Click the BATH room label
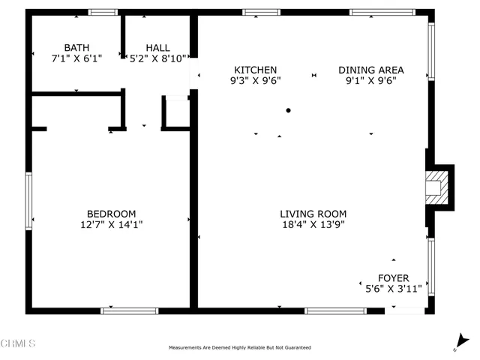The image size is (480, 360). (x=76, y=46)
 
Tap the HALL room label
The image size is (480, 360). (x=157, y=46)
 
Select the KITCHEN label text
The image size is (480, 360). (x=255, y=69)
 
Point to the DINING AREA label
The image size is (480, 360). (x=370, y=69)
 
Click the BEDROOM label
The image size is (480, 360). (x=111, y=213)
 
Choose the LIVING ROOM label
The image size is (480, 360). (x=313, y=213)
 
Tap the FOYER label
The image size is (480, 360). (x=393, y=278)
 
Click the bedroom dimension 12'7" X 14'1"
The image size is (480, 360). (x=111, y=223)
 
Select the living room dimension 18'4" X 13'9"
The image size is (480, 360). (x=313, y=223)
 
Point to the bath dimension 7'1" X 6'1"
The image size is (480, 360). (x=76, y=57)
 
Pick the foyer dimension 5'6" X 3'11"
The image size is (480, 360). (x=393, y=289)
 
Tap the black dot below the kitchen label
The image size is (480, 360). (x=288, y=110)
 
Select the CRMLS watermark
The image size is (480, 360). (x=19, y=344)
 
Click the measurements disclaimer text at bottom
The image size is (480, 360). (x=239, y=348)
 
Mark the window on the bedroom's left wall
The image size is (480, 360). (x=28, y=200)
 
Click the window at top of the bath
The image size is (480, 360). (x=103, y=12)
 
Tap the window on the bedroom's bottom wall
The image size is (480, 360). (x=129, y=310)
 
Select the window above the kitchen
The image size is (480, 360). (x=261, y=12)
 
